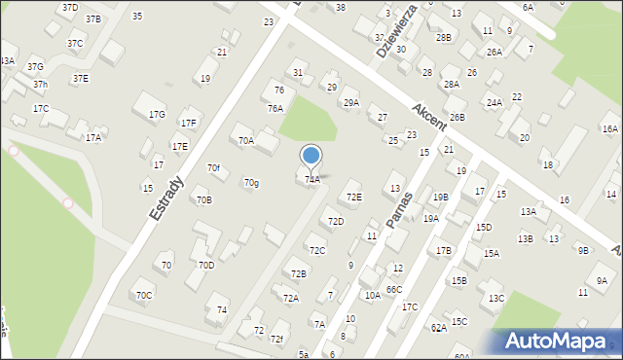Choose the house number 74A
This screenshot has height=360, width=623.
click(311, 179)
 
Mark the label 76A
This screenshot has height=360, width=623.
click(275, 109)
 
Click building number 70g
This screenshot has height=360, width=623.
click(251, 183)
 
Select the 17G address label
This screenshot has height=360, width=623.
click(158, 115)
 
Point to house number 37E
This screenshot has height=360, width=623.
click(80, 78)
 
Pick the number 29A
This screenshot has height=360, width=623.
click(350, 102)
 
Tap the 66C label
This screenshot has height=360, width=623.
click(393, 290)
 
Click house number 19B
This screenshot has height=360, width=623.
click(441, 198)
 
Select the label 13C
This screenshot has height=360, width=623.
click(496, 299)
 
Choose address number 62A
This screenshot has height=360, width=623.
click(439, 329)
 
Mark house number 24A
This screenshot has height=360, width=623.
click(494, 102)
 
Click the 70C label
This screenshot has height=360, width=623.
click(144, 295)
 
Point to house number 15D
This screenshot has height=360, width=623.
click(484, 228)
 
